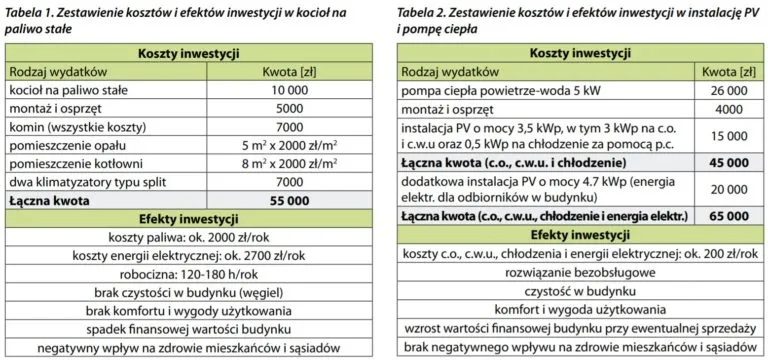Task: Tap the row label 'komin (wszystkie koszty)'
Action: (73, 127)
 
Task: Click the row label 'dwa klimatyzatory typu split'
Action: (86, 182)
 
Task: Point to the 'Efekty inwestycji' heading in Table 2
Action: (577, 235)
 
